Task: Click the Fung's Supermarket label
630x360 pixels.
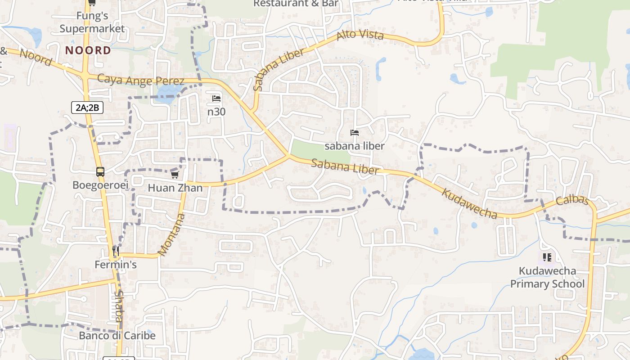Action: coord(92,22)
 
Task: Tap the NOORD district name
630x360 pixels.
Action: coord(88,50)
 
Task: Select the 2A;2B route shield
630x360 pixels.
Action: coord(87,108)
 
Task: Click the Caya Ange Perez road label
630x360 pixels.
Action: coord(141,80)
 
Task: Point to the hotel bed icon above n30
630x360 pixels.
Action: coord(216,99)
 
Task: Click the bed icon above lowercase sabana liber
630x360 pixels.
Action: coord(355,133)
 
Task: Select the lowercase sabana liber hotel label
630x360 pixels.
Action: coord(355,146)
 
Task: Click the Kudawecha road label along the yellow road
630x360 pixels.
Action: coord(469,203)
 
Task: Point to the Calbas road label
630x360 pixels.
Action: coord(572,200)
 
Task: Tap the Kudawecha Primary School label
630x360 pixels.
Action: coord(547,277)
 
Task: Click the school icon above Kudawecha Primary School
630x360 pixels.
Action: coord(547,257)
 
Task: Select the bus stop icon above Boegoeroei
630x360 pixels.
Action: coord(100,172)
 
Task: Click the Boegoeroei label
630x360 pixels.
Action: coord(100,185)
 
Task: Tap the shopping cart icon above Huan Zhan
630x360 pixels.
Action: coord(175,175)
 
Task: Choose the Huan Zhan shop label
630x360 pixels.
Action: coord(175,188)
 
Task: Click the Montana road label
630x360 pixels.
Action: coord(172,235)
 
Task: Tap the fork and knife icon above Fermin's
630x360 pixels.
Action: coord(116,251)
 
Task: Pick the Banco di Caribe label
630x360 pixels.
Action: coord(117,336)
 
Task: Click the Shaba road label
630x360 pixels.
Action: coord(118,306)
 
